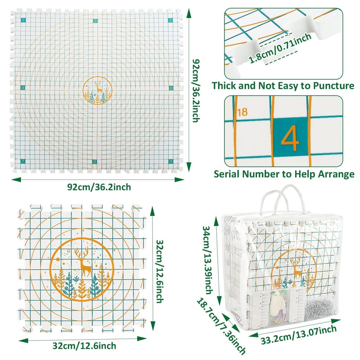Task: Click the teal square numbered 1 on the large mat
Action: [x=23, y=21]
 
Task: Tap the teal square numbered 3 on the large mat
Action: [x=170, y=21]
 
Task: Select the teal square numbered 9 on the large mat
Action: [x=170, y=161]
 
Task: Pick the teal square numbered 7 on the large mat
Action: [x=23, y=161]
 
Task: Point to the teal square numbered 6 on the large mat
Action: [x=171, y=88]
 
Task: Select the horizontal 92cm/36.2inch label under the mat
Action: [x=99, y=187]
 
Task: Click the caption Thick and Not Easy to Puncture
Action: [x=283, y=86]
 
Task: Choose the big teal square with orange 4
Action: [x=290, y=138]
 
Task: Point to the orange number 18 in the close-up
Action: [x=243, y=112]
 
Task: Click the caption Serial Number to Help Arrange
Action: [x=284, y=174]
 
